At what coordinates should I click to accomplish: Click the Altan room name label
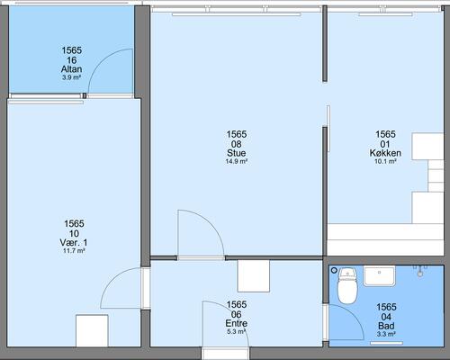pyautogui.click(x=71, y=69)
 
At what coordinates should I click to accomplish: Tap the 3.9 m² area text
pyautogui.click(x=71, y=77)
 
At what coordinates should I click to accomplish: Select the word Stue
pyautogui.click(x=237, y=153)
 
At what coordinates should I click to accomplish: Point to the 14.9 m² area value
pyautogui.click(x=237, y=161)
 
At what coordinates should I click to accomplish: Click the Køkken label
pyautogui.click(x=385, y=153)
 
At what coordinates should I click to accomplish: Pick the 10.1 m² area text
pyautogui.click(x=385, y=161)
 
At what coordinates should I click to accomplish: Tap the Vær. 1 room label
pyautogui.click(x=74, y=242)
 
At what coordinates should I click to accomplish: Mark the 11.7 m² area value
pyautogui.click(x=74, y=251)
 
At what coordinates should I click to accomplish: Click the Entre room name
pyautogui.click(x=237, y=323)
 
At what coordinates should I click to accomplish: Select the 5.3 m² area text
pyautogui.click(x=237, y=332)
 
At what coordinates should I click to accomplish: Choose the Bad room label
pyautogui.click(x=386, y=326)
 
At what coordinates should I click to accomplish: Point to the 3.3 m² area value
pyautogui.click(x=386, y=334)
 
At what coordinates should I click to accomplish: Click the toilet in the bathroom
pyautogui.click(x=347, y=286)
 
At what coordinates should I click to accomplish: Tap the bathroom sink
pyautogui.click(x=380, y=276)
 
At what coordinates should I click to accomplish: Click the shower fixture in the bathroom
pyautogui.click(x=420, y=270)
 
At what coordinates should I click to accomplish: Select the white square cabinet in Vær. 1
pyautogui.click(x=92, y=331)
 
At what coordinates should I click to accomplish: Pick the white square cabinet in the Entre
pyautogui.click(x=254, y=276)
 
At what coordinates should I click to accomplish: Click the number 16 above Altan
pyautogui.click(x=71, y=60)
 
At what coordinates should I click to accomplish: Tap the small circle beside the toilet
pyautogui.click(x=334, y=271)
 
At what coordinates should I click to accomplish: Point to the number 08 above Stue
pyautogui.click(x=237, y=144)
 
